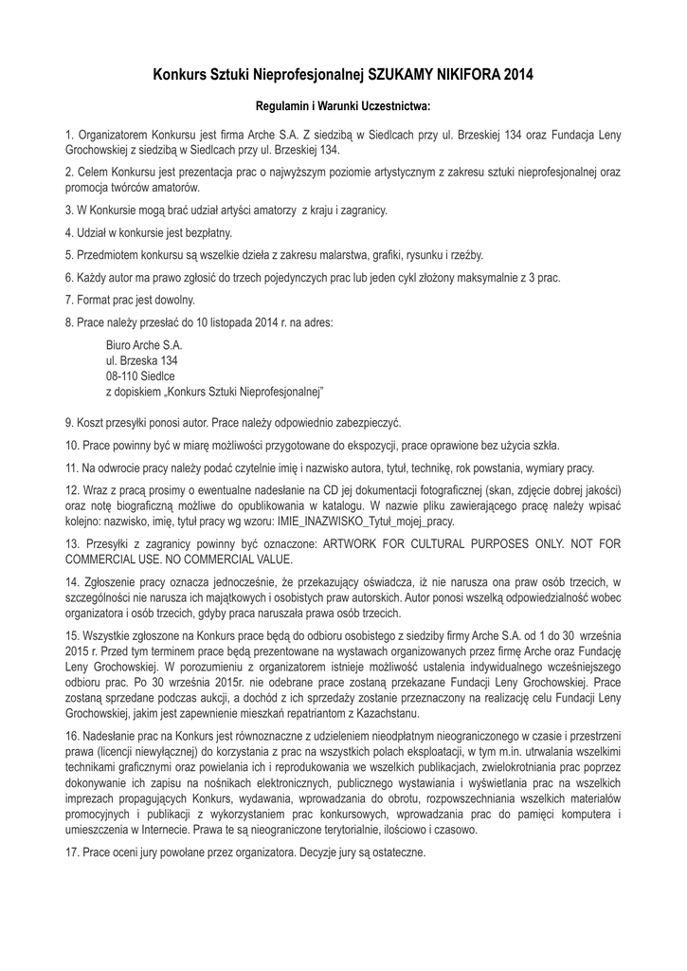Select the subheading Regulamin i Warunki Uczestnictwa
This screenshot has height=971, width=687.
pos(343,106)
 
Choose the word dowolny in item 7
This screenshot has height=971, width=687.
pos(172,300)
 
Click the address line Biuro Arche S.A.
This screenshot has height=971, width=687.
pos(144,345)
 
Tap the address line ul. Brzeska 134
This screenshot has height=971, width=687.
pos(142,360)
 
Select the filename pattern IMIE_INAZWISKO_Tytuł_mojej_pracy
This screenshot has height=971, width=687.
pos(364,521)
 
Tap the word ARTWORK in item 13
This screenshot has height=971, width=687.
pos(353,543)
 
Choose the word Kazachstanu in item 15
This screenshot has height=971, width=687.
pos(387,713)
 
